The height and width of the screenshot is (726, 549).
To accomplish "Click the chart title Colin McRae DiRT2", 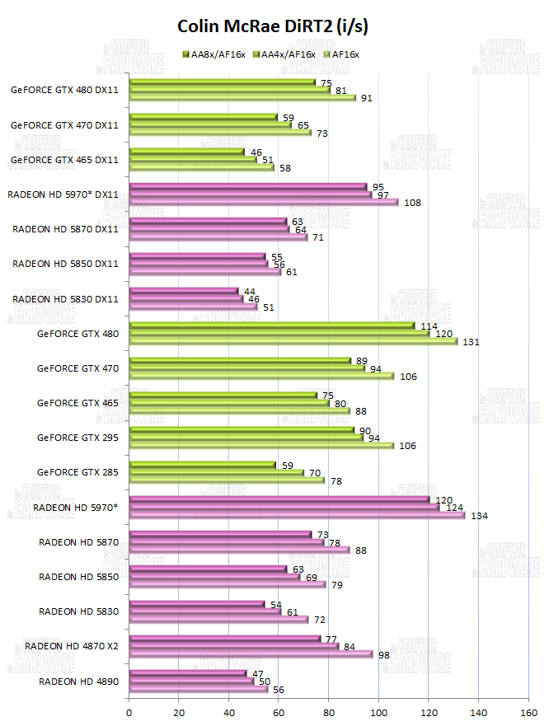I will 273,26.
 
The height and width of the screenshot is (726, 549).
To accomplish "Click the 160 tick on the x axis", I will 528,713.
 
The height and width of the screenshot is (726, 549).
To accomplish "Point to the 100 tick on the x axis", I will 378,713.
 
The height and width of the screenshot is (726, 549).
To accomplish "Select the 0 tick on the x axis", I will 129,713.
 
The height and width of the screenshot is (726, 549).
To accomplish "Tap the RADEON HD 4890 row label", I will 79,682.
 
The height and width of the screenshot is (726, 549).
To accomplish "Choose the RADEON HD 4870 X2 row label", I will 72,645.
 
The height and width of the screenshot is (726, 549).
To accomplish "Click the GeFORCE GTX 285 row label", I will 77,471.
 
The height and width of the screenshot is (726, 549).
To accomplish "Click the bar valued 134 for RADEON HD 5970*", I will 297,516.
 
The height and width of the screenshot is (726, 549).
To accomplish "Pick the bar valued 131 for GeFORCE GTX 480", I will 293,341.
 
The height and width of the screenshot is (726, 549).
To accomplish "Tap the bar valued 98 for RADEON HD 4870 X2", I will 251,654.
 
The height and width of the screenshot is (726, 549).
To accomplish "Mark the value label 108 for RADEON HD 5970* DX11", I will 412,202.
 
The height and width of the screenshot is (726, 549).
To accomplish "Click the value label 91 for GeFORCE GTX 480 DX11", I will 366,98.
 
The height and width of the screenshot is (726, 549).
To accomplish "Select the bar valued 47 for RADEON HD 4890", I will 188,672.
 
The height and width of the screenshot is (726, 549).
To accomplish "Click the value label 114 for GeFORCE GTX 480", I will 429,326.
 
